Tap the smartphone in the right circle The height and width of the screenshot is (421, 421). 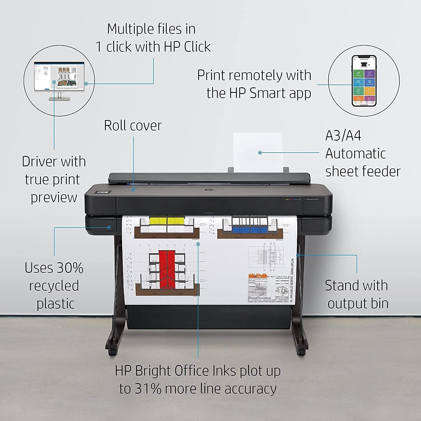click(364, 81)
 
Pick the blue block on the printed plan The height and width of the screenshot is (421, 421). click(246, 230)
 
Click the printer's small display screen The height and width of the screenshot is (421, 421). click(104, 193)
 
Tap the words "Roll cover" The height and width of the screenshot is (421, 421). click(133, 125)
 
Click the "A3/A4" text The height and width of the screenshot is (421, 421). click(343, 136)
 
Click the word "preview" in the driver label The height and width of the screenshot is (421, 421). click(54, 198)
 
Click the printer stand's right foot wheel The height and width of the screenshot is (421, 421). click(301, 351)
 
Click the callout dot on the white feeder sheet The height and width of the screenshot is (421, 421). click(260, 153)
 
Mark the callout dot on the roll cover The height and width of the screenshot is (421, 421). click(134, 190)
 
